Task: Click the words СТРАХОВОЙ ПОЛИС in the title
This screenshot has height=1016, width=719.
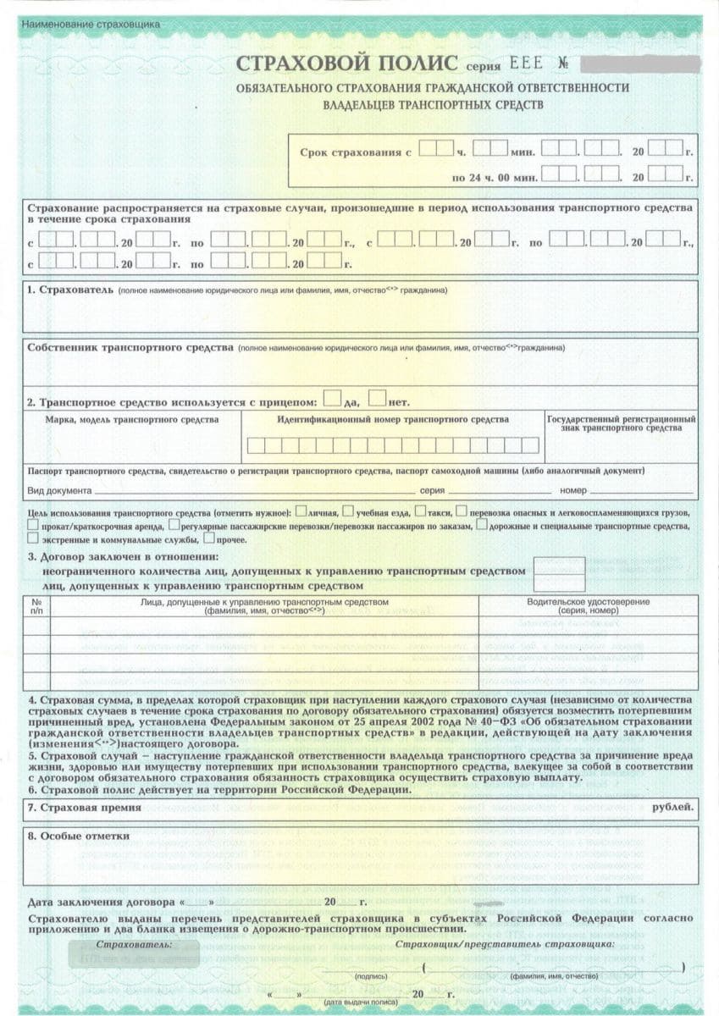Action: pos(346,64)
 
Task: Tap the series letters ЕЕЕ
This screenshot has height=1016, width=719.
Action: pos(529,64)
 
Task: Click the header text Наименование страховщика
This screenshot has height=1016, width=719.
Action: pos(91,25)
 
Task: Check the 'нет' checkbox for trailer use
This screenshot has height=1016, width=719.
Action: pos(378,397)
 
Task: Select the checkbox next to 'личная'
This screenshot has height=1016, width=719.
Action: pos(301,512)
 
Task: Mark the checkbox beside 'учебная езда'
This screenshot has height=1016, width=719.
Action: pos(347,512)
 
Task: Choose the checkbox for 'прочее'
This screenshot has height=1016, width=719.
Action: pos(208,538)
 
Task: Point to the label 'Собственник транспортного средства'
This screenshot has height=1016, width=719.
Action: pos(130,348)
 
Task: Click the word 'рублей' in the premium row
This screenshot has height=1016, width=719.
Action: pos(672,807)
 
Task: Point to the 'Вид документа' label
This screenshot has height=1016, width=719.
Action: pos(59,491)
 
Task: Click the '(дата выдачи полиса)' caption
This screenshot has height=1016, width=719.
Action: pos(351,1002)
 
